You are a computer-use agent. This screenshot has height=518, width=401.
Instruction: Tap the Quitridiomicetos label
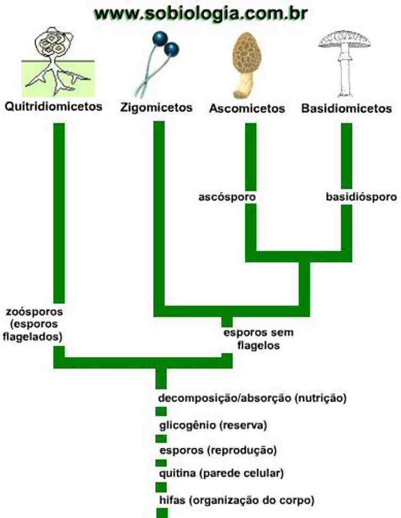coord(53,106)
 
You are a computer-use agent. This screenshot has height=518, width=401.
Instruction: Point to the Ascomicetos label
coord(247,109)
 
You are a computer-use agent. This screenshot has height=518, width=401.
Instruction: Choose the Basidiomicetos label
coord(346,109)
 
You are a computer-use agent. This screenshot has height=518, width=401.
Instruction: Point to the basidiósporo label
coord(361,197)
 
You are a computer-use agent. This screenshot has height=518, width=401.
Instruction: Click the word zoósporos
coord(35,311)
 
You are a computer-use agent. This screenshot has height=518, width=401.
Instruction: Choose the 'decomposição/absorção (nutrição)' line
coord(253,398)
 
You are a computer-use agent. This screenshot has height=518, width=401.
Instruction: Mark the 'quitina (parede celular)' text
coord(221,473)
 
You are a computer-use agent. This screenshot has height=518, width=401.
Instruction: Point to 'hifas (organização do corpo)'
coord(236,500)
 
